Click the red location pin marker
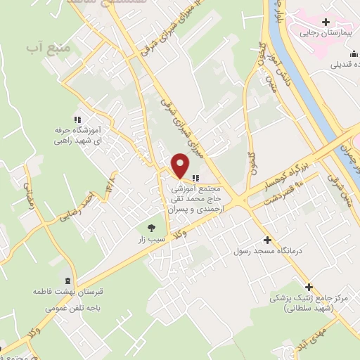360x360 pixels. pyautogui.click(x=181, y=165)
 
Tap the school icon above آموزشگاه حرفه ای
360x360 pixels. pyautogui.click(x=78, y=120)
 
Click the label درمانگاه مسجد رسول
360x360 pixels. pyautogui.click(x=266, y=250)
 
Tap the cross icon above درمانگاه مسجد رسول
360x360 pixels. pyautogui.click(x=266, y=239)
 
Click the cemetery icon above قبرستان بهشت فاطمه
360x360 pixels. pyautogui.click(x=67, y=278)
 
